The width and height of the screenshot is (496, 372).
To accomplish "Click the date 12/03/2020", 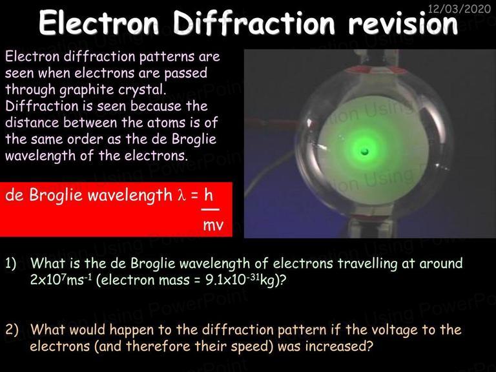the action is pos(459,9).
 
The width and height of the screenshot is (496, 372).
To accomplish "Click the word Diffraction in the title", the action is pos(254,23).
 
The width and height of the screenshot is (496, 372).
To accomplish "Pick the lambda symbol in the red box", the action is pos(181,195).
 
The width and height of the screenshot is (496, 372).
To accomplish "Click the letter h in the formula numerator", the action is pos(209,194).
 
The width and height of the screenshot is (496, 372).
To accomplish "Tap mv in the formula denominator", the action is pos(213,225).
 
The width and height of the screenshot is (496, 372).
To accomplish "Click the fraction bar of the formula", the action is pos(211,210).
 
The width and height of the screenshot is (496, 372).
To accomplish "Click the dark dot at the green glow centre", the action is pos(365,152).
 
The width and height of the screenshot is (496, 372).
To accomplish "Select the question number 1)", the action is pos(11,263).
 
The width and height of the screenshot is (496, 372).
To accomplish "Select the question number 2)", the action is pos(12,329).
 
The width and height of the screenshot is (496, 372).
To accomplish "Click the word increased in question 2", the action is pos(339,346).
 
